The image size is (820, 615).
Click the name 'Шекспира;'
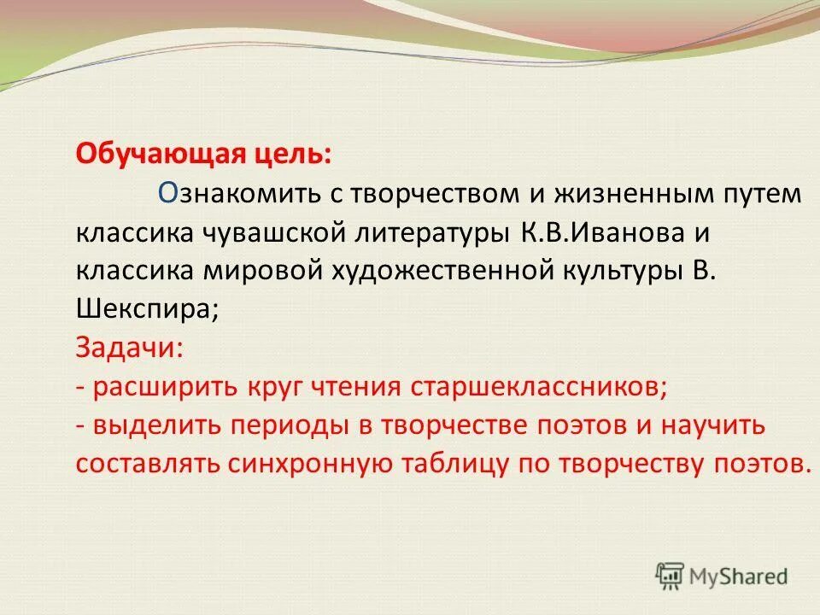click(x=148, y=310)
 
